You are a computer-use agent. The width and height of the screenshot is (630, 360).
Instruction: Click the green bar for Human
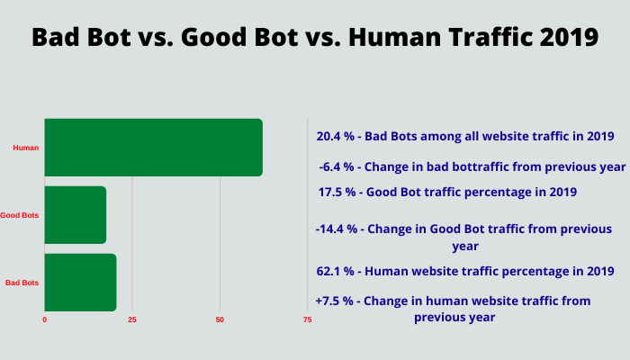(154, 148)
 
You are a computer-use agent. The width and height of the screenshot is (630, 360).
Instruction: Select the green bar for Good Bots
(76, 215)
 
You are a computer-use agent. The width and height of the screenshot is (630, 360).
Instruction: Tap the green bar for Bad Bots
(80, 283)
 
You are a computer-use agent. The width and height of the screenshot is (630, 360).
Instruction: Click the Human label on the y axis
(26, 148)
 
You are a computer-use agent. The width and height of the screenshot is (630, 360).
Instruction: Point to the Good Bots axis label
(19, 215)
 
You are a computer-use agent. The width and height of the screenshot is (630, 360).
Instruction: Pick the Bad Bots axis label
(22, 283)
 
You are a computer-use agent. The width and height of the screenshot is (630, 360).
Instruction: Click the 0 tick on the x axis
(45, 319)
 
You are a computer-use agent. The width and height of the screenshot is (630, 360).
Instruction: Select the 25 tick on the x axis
(132, 319)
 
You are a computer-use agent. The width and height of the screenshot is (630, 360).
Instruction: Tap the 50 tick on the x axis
(220, 319)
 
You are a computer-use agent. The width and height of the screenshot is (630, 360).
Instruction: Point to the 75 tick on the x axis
(308, 319)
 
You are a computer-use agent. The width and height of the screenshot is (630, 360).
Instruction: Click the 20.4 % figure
(336, 136)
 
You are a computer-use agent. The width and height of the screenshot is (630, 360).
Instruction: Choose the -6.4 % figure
(337, 166)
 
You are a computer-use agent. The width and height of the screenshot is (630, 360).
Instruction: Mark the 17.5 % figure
(337, 192)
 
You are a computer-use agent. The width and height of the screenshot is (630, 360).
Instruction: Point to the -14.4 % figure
(337, 229)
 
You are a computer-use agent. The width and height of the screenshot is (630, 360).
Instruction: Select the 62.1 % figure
(336, 271)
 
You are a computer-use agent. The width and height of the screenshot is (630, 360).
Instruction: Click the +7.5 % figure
(334, 301)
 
